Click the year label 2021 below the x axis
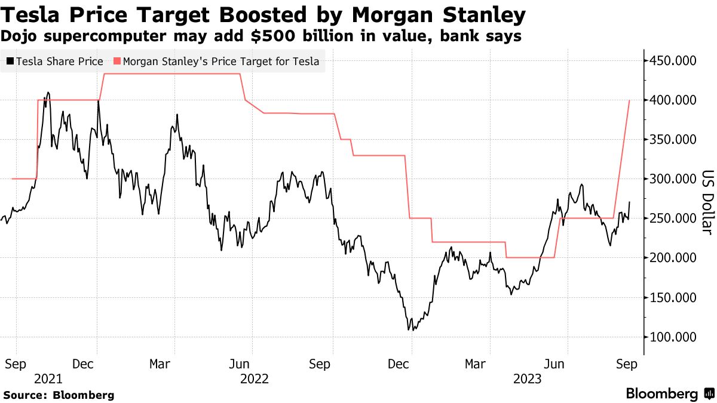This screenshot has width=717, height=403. pyautogui.click(x=48, y=379)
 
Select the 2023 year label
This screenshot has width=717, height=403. pyautogui.click(x=527, y=379)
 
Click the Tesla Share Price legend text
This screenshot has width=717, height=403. pyautogui.click(x=60, y=61)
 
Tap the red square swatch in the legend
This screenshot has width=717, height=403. pyautogui.click(x=117, y=61)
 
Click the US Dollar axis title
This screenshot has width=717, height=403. pyautogui.click(x=707, y=203)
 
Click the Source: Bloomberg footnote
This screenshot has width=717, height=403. pyautogui.click(x=59, y=395)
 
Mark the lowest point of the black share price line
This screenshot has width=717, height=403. pyautogui.click(x=409, y=330)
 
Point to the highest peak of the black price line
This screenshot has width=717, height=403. pyautogui.click(x=48, y=93)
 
